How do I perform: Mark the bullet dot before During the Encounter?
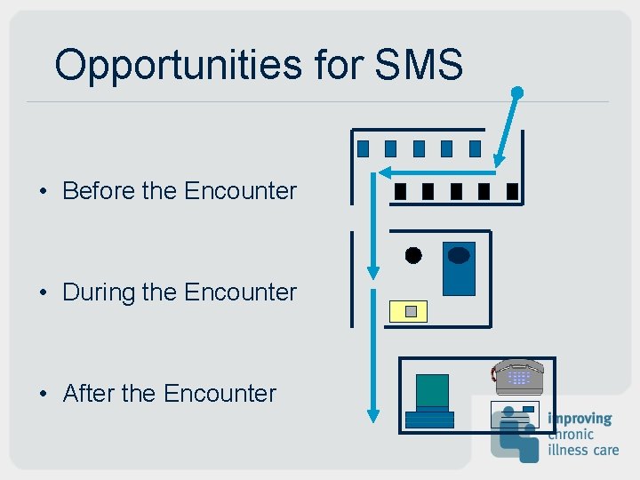(42, 292)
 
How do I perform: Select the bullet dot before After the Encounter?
(42, 394)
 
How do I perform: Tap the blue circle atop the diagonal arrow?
(517, 92)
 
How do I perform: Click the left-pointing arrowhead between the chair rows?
(384, 172)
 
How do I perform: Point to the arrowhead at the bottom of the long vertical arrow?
(373, 414)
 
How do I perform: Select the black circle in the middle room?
(413, 256)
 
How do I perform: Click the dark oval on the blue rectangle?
(459, 256)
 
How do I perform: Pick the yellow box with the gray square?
(409, 311)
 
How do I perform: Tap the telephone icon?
(518, 375)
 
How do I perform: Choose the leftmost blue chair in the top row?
(363, 148)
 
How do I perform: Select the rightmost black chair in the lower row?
(512, 191)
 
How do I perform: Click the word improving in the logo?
(580, 419)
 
